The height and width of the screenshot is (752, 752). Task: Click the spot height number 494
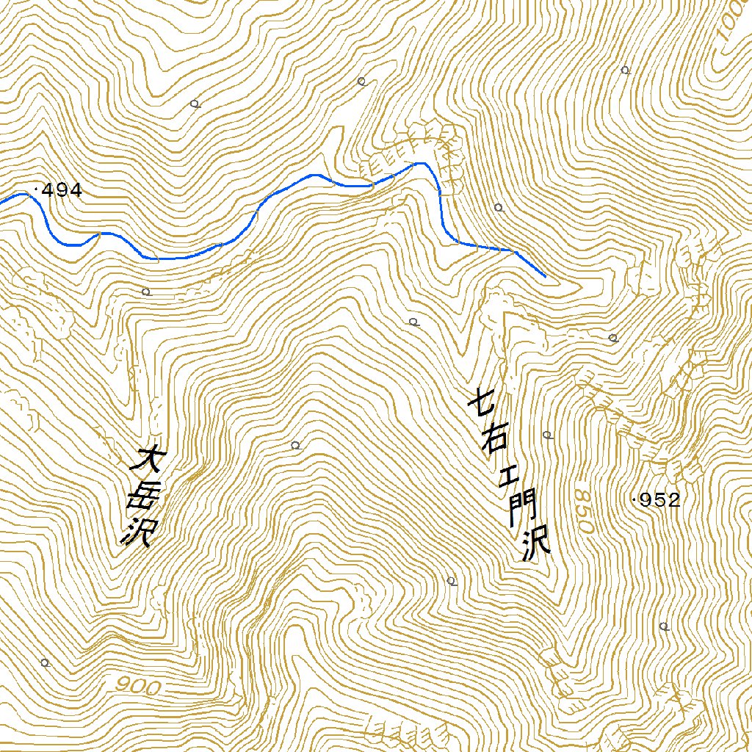pyautogui.click(x=62, y=191)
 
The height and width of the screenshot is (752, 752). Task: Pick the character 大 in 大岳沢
pyautogui.click(x=145, y=461)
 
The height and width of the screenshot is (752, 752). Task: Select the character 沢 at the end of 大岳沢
pyautogui.click(x=137, y=533)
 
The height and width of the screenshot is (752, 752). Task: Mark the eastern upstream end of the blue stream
pyautogui.click(x=546, y=277)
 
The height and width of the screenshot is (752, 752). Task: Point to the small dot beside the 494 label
pyautogui.click(x=36, y=190)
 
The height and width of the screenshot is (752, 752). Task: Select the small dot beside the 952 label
pyautogui.click(x=634, y=500)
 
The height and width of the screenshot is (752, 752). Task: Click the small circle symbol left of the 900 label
pyautogui.click(x=46, y=663)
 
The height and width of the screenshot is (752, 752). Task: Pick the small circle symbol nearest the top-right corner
pyautogui.click(x=625, y=70)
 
